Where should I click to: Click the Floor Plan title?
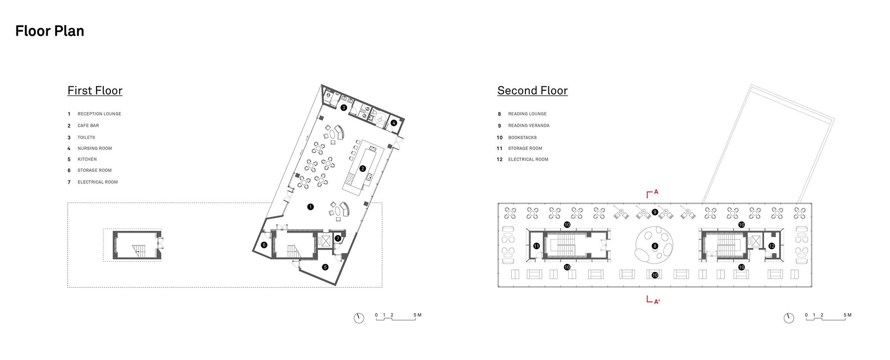pyautogui.click(x=49, y=31)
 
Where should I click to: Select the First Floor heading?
pyautogui.click(x=95, y=90)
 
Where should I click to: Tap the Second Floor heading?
pyautogui.click(x=532, y=90)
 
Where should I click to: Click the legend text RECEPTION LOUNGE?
pyautogui.click(x=99, y=114)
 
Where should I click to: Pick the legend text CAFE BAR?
pyautogui.click(x=88, y=125)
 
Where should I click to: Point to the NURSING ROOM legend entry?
pyautogui.click(x=95, y=149)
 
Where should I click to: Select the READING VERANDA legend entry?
pyautogui.click(x=529, y=125)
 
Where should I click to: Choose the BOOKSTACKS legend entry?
pyautogui.click(x=522, y=138)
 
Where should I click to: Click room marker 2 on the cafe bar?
pyautogui.click(x=363, y=169)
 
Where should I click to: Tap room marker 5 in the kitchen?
pyautogui.click(x=325, y=267)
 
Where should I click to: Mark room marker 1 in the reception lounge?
pyautogui.click(x=310, y=206)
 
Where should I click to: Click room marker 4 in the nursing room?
pyautogui.click(x=393, y=123)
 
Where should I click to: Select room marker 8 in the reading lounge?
pyautogui.click(x=655, y=246)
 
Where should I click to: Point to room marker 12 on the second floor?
pyautogui.click(x=771, y=246)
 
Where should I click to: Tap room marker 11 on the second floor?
pyautogui.click(x=536, y=246)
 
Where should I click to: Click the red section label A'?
pyautogui.click(x=656, y=302)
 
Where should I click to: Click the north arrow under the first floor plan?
pyautogui.click(x=359, y=318)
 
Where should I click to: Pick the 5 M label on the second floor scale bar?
pyautogui.click(x=847, y=315)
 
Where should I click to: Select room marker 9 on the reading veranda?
pyautogui.click(x=655, y=212)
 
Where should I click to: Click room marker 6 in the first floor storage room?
pyautogui.click(x=264, y=244)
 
